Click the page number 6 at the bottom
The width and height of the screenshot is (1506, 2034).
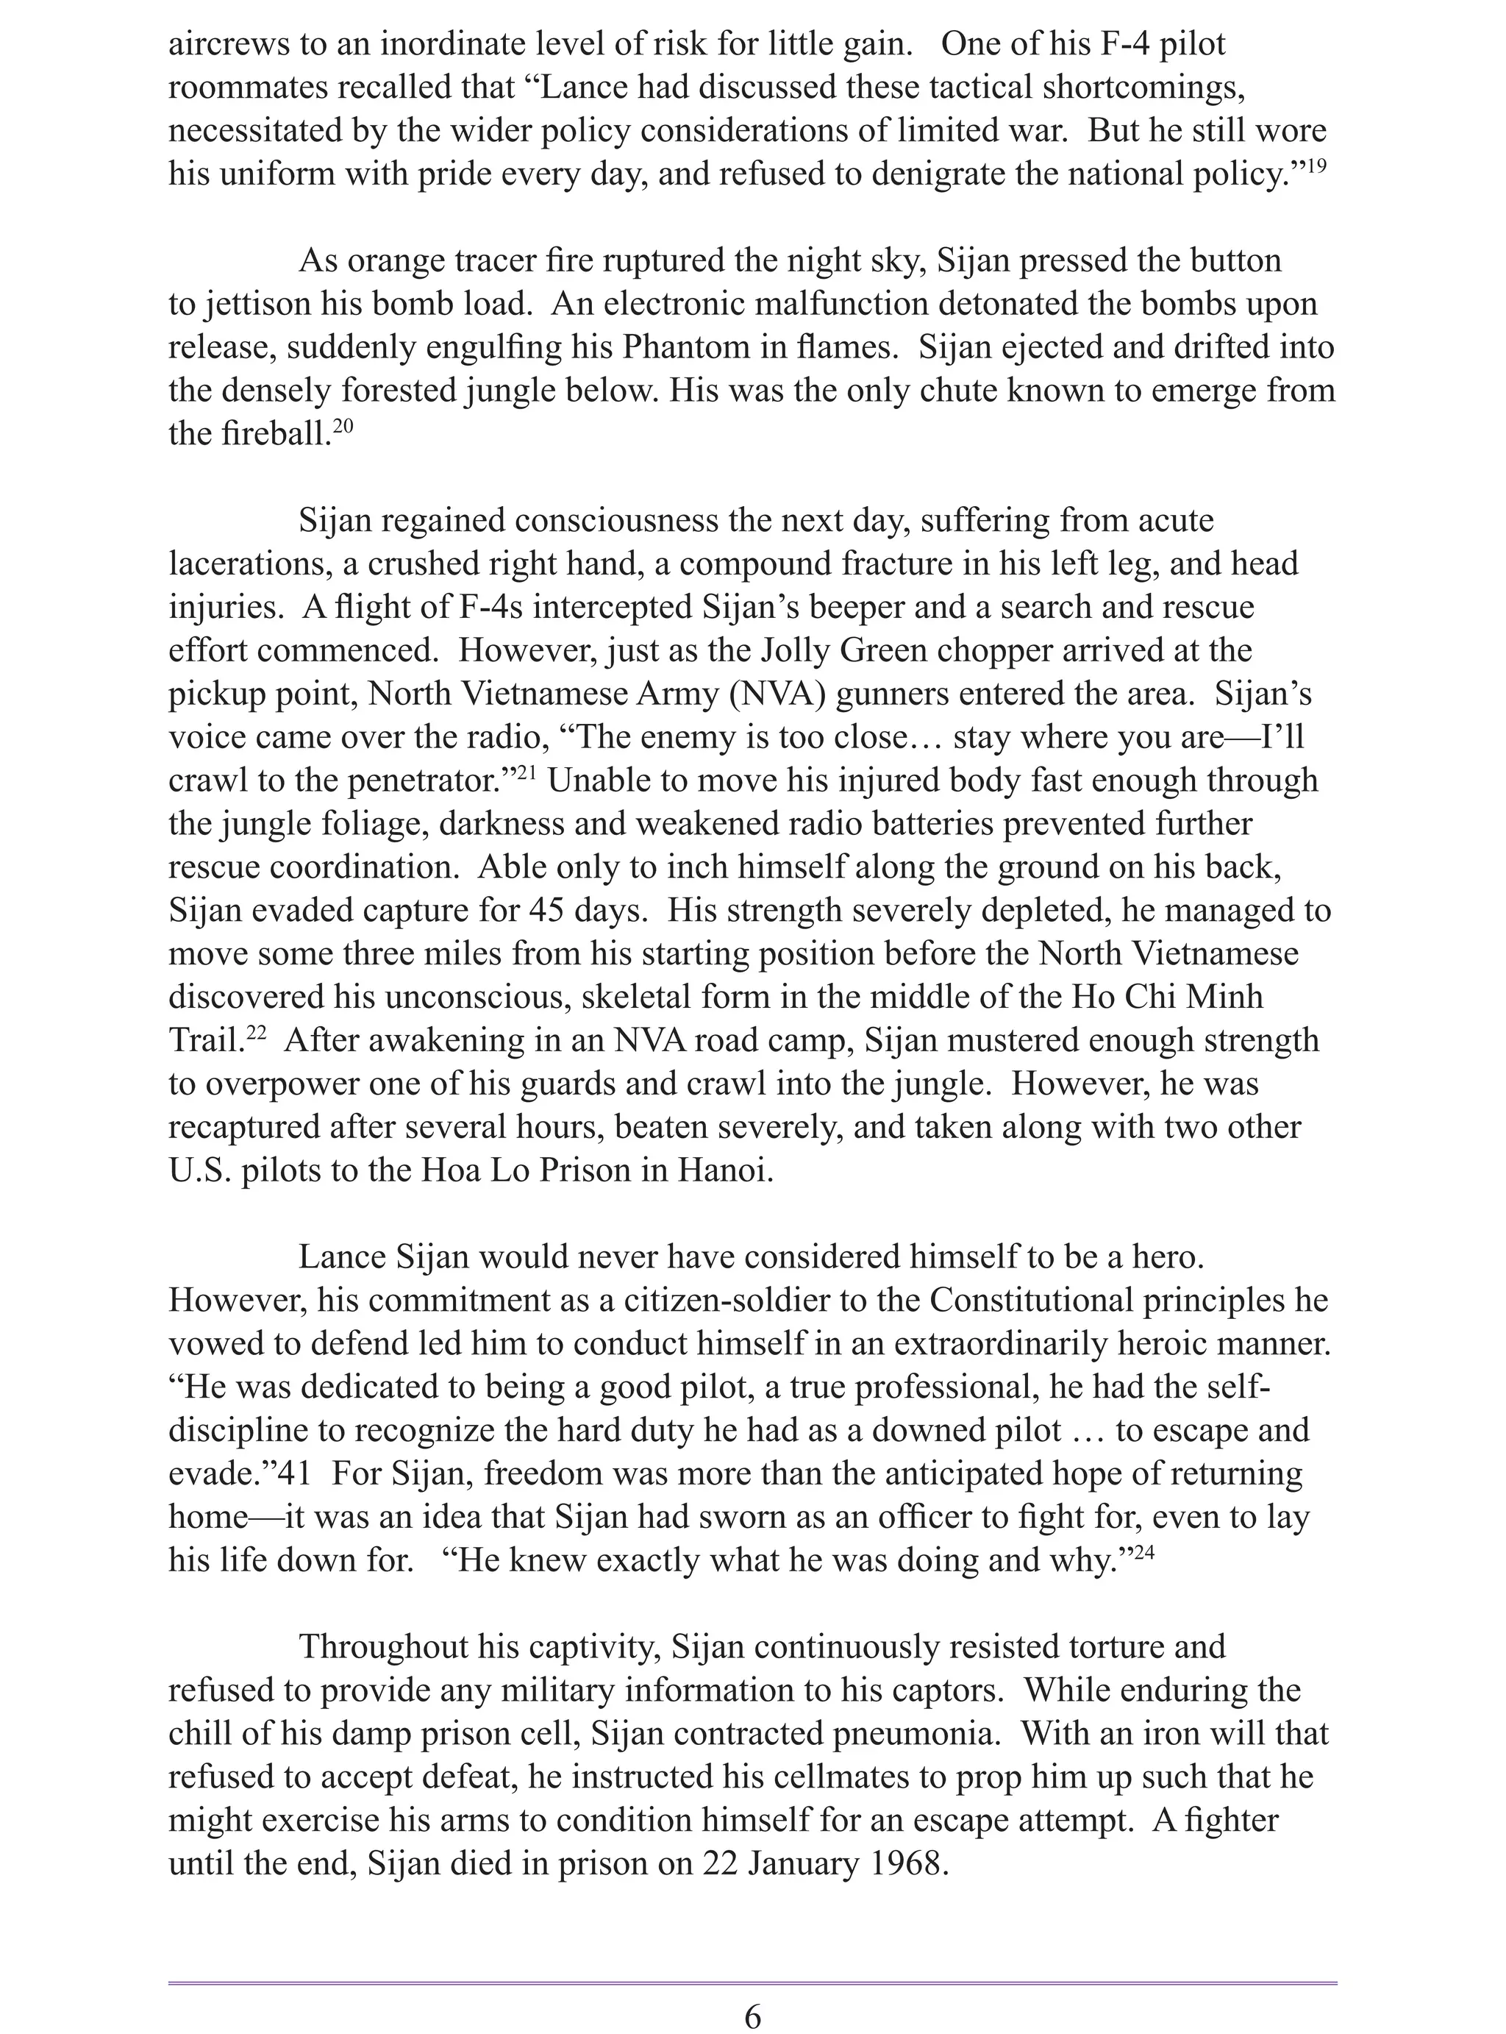tap(752, 2016)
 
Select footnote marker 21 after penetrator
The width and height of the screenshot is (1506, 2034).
tap(527, 773)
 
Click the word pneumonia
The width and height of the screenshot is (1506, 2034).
tap(913, 1733)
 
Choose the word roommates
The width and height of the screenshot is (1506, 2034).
tap(249, 88)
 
